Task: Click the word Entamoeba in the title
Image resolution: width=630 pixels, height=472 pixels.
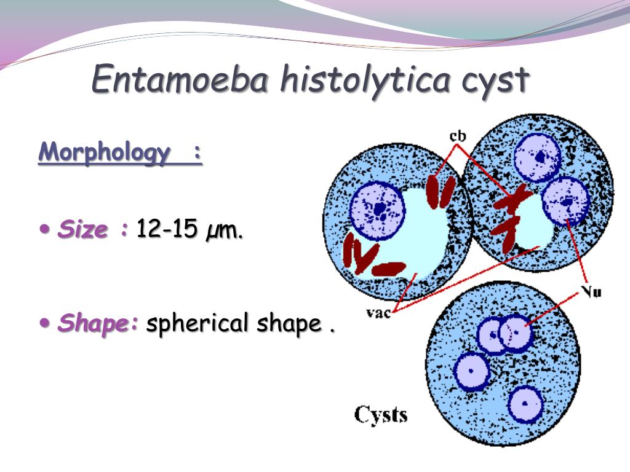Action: coord(179,78)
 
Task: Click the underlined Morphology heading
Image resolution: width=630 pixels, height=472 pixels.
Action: coord(120,152)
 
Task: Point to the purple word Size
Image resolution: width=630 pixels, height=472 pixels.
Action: coord(83,229)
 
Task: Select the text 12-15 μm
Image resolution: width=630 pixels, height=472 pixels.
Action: coord(189,230)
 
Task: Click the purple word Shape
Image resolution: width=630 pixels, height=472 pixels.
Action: coord(98,323)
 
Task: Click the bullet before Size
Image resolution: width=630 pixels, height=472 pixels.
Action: coord(45,229)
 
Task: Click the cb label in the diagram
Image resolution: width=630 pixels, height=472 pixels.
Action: coord(458,136)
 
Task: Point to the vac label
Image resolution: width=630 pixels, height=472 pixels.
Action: coord(378,312)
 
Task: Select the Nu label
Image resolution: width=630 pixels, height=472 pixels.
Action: coord(591,291)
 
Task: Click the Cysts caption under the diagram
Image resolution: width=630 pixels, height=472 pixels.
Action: coord(380,415)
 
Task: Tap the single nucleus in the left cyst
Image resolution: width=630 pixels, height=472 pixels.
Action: coord(377,210)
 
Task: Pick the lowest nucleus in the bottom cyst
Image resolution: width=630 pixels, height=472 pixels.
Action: coord(525,404)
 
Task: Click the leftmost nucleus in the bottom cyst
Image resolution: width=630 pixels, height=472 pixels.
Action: coord(472,371)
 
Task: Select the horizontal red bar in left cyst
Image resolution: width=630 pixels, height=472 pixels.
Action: coord(388,269)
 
